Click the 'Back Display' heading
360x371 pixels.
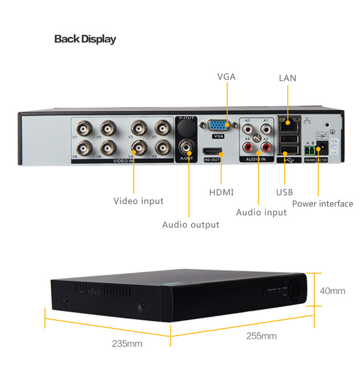85,39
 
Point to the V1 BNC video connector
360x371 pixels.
162,129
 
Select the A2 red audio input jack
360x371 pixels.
266,146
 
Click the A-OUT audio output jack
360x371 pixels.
186,145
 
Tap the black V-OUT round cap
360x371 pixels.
186,128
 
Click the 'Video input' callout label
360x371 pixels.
139,201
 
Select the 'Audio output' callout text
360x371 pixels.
191,225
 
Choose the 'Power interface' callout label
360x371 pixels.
322,204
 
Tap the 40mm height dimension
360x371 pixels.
332,291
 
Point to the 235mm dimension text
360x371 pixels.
127,344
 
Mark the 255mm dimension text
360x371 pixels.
261,336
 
